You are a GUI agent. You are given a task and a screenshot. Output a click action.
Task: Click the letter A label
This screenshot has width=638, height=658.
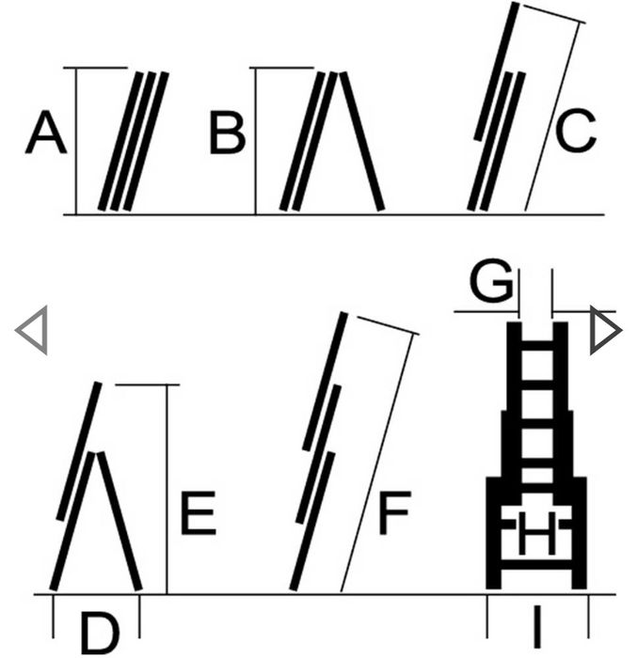[45, 133]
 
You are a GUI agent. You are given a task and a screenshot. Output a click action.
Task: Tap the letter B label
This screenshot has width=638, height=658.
[227, 133]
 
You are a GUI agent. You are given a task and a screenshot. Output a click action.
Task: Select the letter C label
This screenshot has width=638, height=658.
[575, 133]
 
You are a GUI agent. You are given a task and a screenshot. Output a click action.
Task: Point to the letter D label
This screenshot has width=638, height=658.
[100, 633]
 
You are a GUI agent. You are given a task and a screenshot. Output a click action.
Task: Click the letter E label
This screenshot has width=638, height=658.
[198, 514]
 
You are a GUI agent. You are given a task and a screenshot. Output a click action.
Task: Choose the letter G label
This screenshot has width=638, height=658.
[491, 282]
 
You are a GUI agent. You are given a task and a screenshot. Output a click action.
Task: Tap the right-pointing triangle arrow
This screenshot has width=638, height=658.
[604, 331]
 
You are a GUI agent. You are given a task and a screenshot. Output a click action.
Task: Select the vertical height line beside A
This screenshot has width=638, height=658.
[76, 141]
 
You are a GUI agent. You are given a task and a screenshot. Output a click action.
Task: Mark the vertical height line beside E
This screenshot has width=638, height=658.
[167, 489]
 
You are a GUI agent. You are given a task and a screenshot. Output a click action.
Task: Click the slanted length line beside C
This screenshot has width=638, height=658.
[552, 113]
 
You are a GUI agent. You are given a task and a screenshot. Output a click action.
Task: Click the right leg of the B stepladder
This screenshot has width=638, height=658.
[361, 141]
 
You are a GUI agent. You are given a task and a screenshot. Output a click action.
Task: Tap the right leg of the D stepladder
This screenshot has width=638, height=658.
[120, 522]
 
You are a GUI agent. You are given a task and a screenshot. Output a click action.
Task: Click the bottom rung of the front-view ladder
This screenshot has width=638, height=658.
[536, 566]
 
